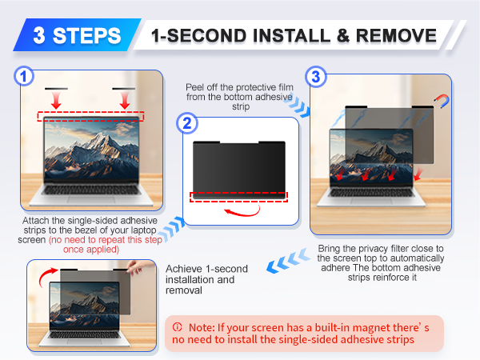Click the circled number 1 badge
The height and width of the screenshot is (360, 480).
(24, 76)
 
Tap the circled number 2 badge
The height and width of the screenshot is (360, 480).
(186, 123)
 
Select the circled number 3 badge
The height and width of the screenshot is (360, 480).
(316, 77)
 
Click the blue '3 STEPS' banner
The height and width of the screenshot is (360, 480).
(77, 35)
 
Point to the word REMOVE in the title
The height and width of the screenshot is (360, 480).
(396, 35)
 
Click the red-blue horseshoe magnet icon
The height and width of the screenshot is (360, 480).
(442, 102)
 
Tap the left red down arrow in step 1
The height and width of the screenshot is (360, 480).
(56, 101)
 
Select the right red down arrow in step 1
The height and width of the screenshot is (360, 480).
(124, 101)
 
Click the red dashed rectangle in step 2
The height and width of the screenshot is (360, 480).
(238, 197)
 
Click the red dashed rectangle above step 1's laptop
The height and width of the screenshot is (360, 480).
(90, 116)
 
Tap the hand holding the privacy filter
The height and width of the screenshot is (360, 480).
(136, 267)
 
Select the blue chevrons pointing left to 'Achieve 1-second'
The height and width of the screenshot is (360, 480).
(288, 261)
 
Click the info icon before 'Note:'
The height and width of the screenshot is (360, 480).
(177, 327)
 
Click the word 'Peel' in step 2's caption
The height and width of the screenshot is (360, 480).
(195, 87)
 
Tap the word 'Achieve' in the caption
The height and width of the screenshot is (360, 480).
(184, 269)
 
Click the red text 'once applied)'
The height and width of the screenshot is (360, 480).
(91, 250)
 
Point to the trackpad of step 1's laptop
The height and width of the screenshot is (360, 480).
(91, 199)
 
